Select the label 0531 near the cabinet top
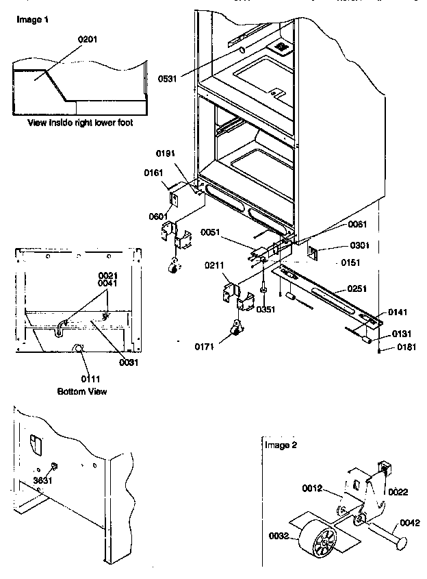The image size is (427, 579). click(x=168, y=79)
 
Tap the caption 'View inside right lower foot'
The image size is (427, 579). click(x=80, y=123)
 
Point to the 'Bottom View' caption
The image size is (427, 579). click(x=81, y=392)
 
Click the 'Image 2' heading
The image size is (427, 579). click(x=281, y=445)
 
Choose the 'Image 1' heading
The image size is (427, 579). click(x=31, y=21)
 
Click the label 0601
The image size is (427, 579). click(x=158, y=217)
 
